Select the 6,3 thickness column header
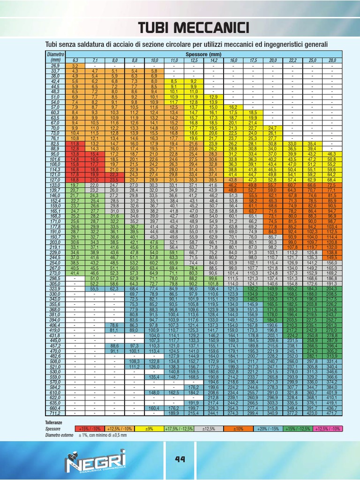[x=75, y=60]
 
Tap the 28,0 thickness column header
[x=332, y=60]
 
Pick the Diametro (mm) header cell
[x=55, y=57]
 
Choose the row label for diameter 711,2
[x=55, y=413]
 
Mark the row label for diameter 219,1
[x=55, y=247]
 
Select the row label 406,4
[x=55, y=325]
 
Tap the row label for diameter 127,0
[x=55, y=179]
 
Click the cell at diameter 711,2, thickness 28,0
[x=332, y=413]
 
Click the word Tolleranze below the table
[x=53, y=423]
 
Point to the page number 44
[x=180, y=459]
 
